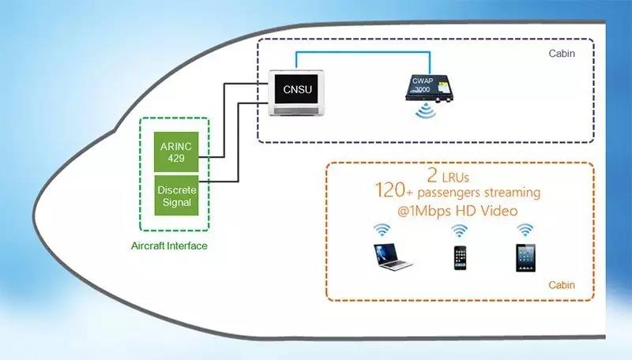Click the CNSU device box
pos(298,92)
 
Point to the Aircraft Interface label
pos(168,246)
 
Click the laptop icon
pos(394,257)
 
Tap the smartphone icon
pos(460,257)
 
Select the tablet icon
pos(525,257)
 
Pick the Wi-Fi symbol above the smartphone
pos(459,230)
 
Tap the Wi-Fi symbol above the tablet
pos(525,229)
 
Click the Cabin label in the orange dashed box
pos(562,284)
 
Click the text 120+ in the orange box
pos(393,192)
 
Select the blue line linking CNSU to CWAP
pos(363,53)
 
